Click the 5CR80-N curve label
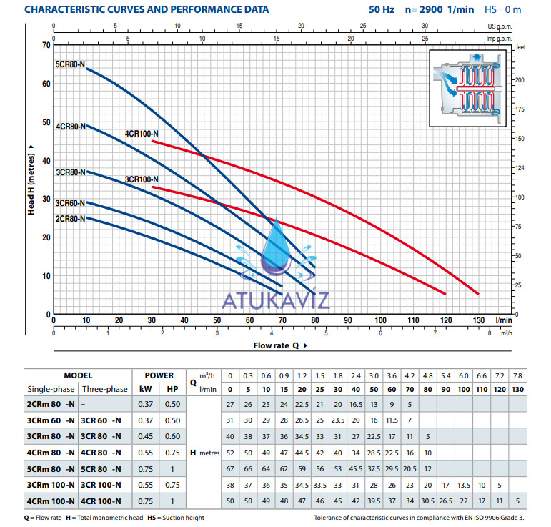(x=70, y=65)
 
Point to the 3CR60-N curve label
(x=70, y=202)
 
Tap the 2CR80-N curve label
(x=70, y=218)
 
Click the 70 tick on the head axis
(x=47, y=45)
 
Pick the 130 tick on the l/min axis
(x=477, y=320)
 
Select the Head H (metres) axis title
(x=32, y=179)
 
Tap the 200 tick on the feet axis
(x=520, y=80)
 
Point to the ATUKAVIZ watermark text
(x=276, y=299)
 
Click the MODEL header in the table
(x=78, y=375)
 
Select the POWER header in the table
(x=159, y=375)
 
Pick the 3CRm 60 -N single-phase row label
(x=51, y=420)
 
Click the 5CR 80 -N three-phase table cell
(x=104, y=468)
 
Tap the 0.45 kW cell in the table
(x=145, y=436)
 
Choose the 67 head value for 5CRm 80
(x=229, y=468)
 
